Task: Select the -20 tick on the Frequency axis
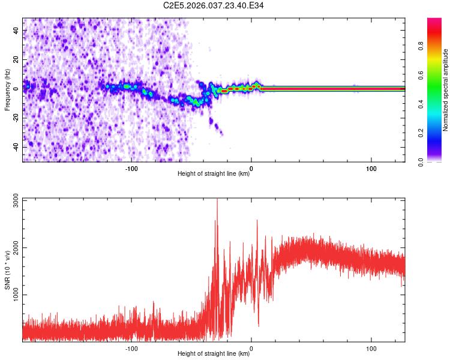[x=16, y=118]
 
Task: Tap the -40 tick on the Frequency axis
[x=16, y=147]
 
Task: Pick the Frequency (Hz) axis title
[x=7, y=89]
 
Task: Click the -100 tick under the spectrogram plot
[x=131, y=168]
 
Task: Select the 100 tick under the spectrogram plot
[x=371, y=168]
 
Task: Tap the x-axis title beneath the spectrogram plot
[x=214, y=174]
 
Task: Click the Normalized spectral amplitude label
[x=445, y=90]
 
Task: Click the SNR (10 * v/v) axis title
[x=7, y=270]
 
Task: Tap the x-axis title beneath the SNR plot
[x=214, y=355]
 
